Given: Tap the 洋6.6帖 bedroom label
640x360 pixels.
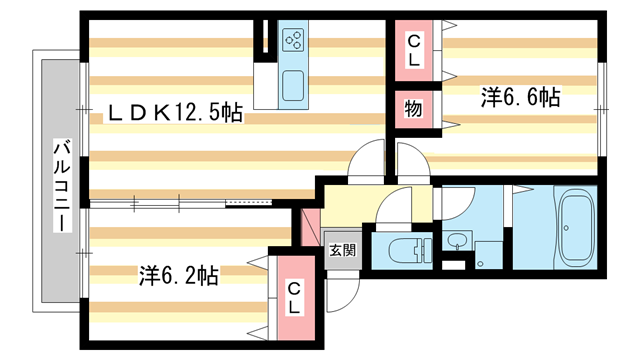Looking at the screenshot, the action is [519, 97].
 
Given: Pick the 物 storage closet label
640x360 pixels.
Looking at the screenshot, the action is [411, 107].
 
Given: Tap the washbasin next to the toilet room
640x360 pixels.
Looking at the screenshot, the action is [457, 242].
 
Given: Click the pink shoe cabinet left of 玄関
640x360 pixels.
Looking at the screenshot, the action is [310, 227].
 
